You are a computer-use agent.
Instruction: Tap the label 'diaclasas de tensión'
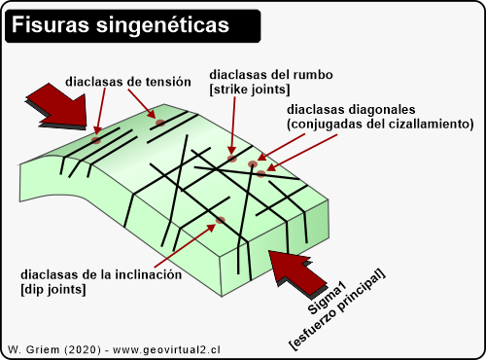click(127, 82)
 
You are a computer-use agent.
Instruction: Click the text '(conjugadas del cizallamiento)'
click(380, 125)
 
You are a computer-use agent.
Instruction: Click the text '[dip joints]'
click(53, 289)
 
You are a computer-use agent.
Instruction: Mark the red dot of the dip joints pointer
click(222, 221)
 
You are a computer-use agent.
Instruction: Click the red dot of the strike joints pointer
click(231, 158)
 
